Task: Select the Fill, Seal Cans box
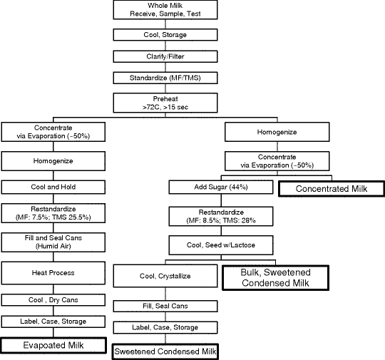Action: click(x=165, y=307)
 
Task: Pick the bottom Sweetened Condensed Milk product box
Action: click(x=165, y=351)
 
